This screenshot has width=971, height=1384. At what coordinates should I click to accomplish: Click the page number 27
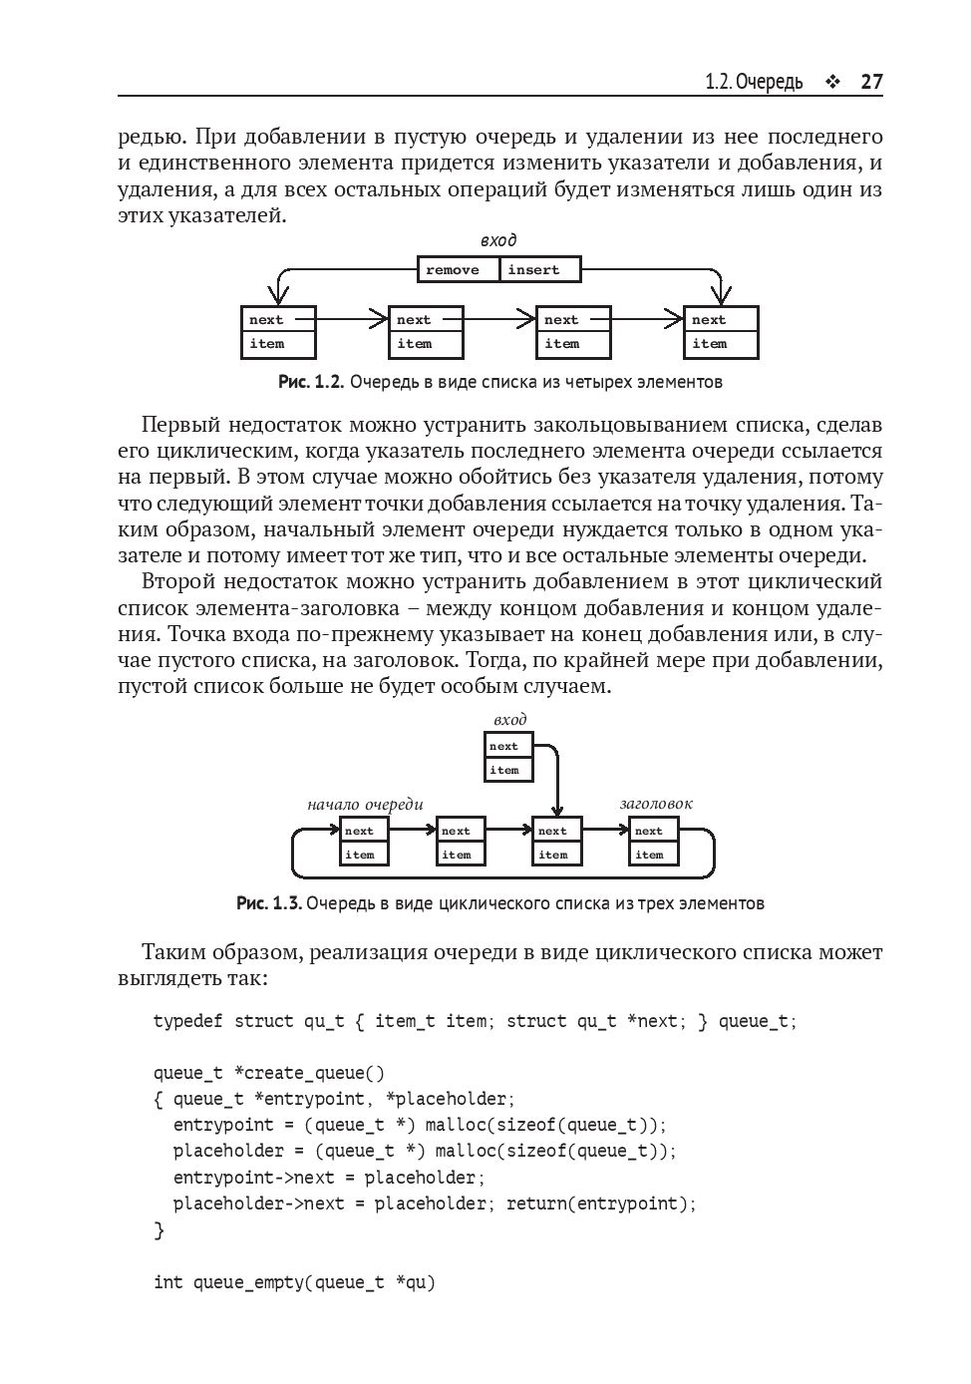coord(871,82)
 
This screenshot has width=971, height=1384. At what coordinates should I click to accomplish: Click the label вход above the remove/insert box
coord(498,240)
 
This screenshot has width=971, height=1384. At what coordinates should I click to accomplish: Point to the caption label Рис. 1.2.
coord(311,382)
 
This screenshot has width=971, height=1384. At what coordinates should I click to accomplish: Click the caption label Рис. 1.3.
coord(268,903)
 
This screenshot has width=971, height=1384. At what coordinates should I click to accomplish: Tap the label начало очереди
coord(365,804)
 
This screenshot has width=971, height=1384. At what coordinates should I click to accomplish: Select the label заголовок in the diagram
coord(655,804)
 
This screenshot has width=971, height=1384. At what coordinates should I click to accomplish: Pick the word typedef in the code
coord(188,1021)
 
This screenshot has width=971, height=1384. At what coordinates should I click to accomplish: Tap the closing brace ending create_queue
coord(159,1230)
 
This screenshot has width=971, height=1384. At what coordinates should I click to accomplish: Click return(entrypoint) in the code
coord(601,1204)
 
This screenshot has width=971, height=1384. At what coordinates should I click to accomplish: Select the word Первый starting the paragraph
coord(179,426)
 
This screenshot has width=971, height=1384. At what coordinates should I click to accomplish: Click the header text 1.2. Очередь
coord(754,82)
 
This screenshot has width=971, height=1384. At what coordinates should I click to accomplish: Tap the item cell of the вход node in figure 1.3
coord(508,770)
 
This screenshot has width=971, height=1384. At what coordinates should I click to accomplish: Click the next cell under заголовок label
coord(653,831)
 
